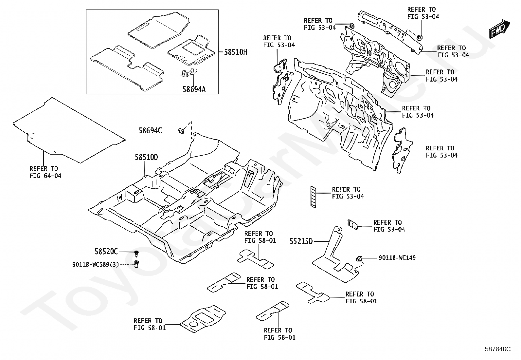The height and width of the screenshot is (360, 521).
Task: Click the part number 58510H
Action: click(x=236, y=52)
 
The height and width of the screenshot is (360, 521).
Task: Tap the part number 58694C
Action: click(x=150, y=130)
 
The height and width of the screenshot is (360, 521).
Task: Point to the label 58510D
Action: click(x=146, y=157)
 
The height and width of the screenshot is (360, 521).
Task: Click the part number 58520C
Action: click(x=106, y=252)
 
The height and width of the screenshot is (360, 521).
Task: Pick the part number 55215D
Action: click(x=301, y=241)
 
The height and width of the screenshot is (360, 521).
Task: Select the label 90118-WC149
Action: click(x=397, y=258)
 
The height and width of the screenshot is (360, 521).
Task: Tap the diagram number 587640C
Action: click(x=498, y=349)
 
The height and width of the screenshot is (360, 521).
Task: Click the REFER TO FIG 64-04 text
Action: click(x=45, y=172)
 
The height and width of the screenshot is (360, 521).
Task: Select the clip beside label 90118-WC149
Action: click(x=359, y=258)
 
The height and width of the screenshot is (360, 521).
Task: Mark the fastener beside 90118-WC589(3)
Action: click(x=136, y=264)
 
